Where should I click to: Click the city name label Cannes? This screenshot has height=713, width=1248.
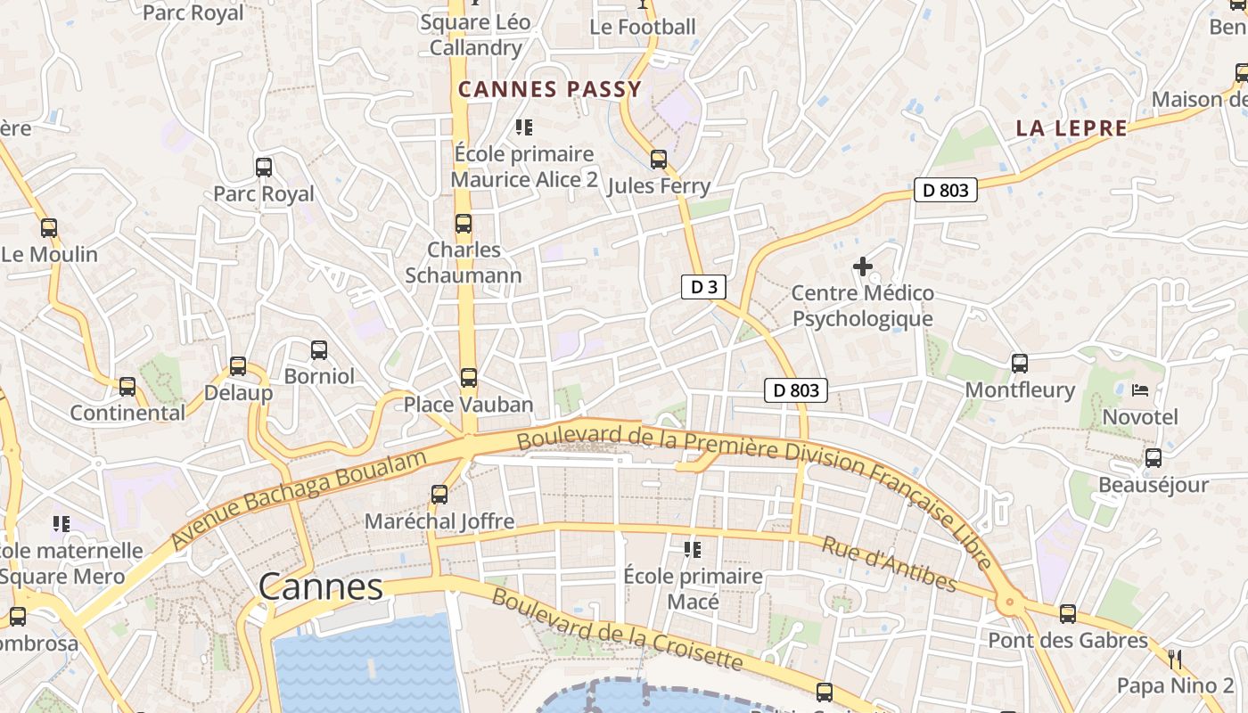click(x=321, y=587)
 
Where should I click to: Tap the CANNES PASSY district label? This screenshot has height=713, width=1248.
click(x=550, y=89)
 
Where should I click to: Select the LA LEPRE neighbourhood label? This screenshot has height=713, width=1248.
click(x=1071, y=128)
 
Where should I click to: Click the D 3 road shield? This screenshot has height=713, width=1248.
click(x=704, y=286)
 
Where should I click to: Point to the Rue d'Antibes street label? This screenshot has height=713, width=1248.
click(x=888, y=564)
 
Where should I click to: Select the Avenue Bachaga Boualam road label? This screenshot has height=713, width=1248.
click(x=299, y=499)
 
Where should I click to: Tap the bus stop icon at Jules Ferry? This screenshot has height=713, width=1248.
click(x=659, y=160)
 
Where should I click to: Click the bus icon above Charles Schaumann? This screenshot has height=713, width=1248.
click(x=464, y=224)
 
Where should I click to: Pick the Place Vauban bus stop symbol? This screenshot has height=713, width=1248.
click(x=469, y=378)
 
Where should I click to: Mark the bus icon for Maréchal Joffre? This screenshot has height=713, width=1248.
click(x=439, y=494)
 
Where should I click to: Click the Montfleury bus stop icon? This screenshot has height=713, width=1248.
click(x=1020, y=364)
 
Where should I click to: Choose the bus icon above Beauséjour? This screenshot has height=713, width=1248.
click(x=1154, y=458)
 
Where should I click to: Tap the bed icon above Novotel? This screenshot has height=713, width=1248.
click(x=1140, y=389)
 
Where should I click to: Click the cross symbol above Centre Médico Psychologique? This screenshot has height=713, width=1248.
click(x=862, y=266)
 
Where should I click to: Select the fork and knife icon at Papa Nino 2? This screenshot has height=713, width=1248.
click(x=1175, y=660)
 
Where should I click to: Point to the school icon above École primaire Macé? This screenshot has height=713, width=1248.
click(x=693, y=549)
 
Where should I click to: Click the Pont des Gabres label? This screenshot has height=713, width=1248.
click(x=1068, y=640)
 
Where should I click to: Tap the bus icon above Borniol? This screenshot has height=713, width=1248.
click(x=319, y=350)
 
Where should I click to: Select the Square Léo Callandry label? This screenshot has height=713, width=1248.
click(x=475, y=35)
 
